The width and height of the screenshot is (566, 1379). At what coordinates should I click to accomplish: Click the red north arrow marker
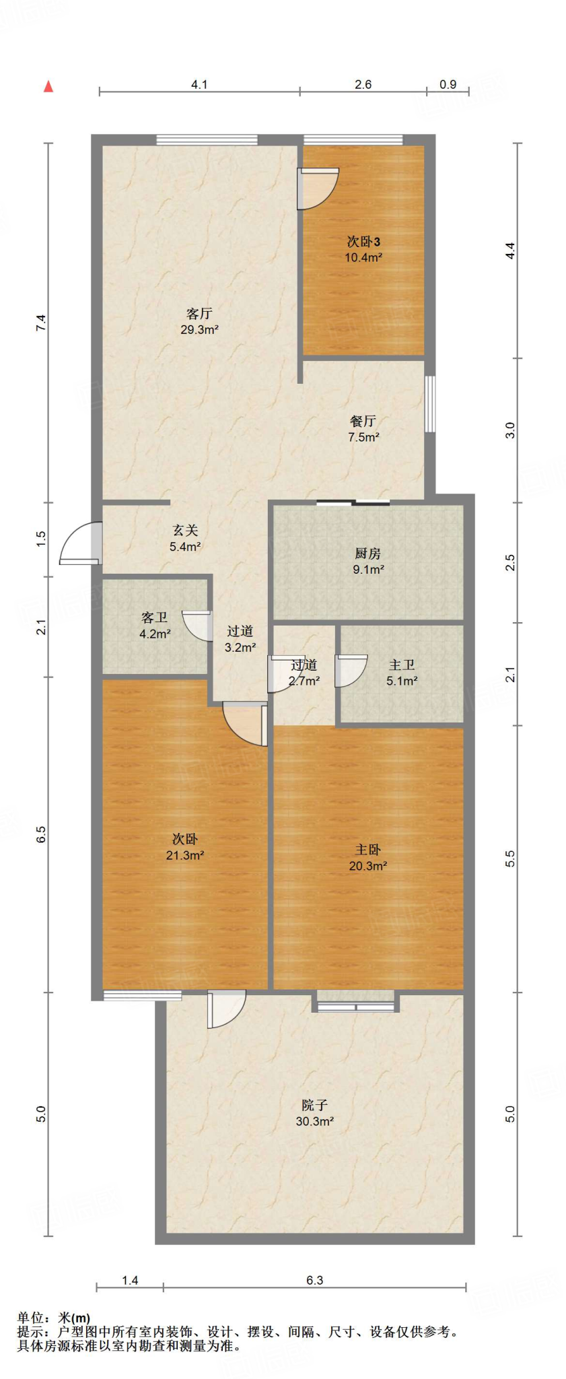(48, 86)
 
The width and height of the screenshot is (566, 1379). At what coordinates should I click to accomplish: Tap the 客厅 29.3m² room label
(199, 321)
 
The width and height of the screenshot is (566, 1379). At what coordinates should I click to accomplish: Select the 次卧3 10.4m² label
(363, 248)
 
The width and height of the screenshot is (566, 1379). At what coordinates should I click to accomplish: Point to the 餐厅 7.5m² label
(363, 428)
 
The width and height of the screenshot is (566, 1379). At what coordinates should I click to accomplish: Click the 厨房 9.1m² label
(368, 561)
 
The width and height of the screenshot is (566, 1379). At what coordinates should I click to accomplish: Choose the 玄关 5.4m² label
(185, 538)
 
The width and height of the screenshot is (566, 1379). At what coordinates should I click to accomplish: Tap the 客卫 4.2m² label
(155, 625)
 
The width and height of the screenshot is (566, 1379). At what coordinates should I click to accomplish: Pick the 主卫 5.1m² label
(402, 672)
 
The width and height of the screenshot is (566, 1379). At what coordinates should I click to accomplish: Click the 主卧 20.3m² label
(368, 857)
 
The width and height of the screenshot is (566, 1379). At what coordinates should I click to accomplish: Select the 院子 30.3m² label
(315, 1112)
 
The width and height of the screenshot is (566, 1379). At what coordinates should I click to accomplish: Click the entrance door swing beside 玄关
(79, 543)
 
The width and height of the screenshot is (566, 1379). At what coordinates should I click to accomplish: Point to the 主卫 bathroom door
(350, 671)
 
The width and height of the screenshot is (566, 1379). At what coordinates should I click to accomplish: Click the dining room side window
(429, 404)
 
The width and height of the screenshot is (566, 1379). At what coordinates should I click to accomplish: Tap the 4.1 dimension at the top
(199, 85)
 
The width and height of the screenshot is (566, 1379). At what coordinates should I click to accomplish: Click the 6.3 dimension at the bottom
(315, 1280)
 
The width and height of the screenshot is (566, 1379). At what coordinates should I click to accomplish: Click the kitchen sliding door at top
(353, 502)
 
